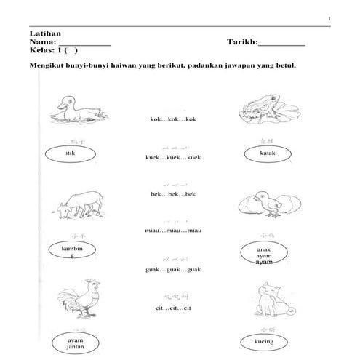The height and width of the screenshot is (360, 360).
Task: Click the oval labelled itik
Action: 70,155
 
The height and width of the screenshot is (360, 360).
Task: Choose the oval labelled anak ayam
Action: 264,254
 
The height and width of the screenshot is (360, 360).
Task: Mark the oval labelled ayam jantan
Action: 76,343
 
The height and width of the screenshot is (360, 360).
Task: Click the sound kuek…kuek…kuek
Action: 172,157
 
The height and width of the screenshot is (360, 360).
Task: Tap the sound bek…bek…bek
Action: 172,194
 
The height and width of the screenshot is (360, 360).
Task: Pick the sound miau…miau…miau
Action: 172,231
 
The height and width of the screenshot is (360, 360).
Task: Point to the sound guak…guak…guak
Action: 172,270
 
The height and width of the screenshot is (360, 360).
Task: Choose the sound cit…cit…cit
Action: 172,308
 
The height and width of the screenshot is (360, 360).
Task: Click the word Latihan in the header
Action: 45,34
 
